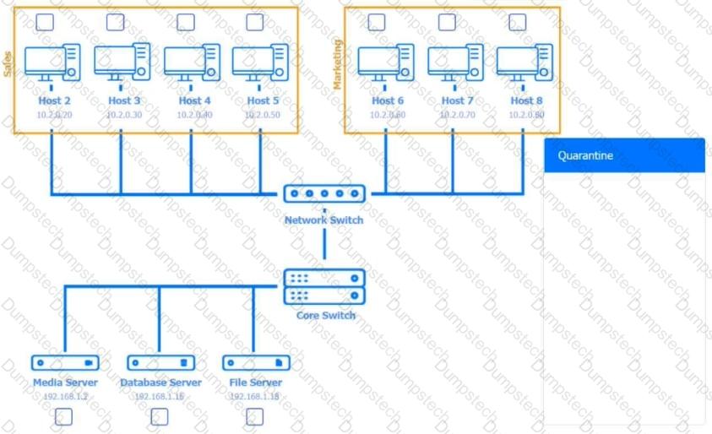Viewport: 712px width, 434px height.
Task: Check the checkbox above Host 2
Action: [x=45, y=23]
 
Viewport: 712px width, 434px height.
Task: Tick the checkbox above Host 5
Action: [x=254, y=23]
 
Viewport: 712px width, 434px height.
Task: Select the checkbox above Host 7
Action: [x=447, y=23]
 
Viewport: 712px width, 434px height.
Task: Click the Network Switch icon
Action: [x=324, y=194]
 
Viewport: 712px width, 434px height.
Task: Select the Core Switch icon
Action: [x=324, y=286]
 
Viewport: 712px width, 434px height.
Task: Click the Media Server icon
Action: [x=65, y=363]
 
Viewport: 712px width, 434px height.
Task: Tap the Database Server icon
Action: [x=160, y=363]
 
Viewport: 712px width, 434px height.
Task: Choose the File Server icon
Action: [x=256, y=363]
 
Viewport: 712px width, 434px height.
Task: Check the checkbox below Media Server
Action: [x=63, y=416]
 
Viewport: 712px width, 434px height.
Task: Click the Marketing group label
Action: [x=338, y=63]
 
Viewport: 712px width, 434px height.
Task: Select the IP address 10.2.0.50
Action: [x=263, y=114]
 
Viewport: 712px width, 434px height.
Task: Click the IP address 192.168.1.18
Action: [x=254, y=396]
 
